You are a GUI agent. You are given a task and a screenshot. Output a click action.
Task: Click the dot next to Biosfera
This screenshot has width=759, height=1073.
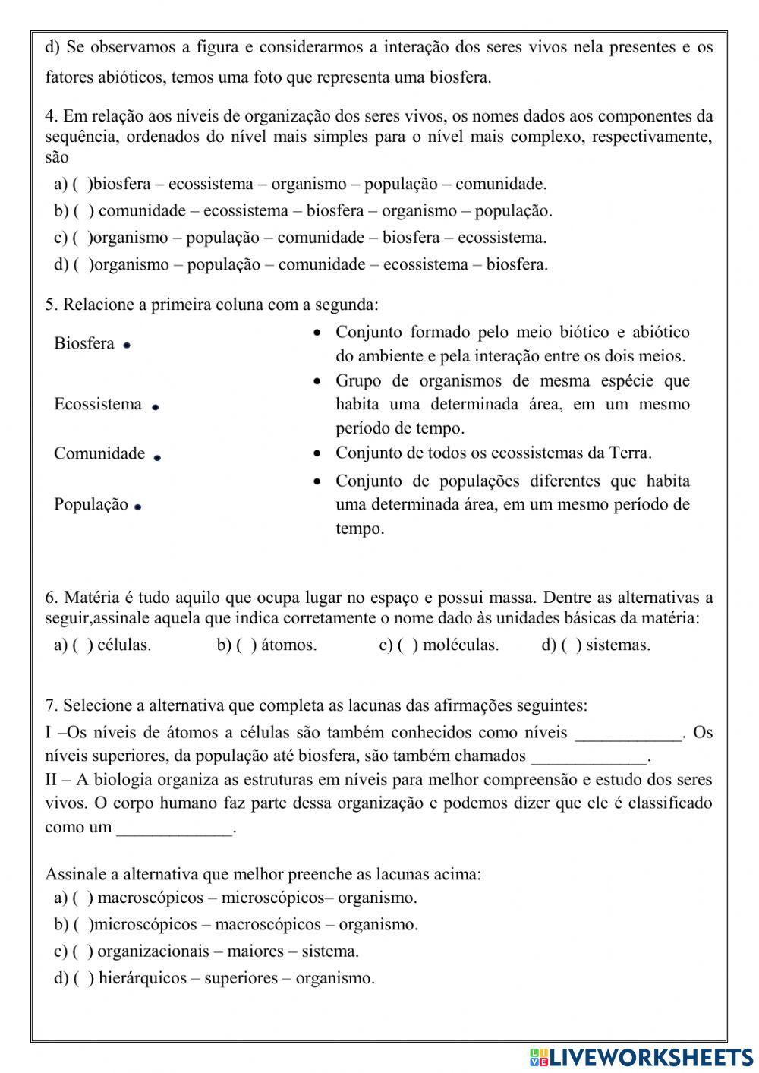pos(127,346)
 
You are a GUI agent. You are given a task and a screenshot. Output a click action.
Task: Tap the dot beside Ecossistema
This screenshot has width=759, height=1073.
pos(155,407)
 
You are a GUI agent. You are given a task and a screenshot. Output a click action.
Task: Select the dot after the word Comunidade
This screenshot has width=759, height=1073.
pos(157,458)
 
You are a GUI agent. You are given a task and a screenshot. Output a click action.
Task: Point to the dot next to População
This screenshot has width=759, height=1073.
pos(138,507)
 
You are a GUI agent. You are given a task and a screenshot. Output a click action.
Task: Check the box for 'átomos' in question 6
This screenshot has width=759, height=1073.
pos(247,645)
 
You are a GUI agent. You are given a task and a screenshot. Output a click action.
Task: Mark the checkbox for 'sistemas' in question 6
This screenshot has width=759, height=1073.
pos(572,645)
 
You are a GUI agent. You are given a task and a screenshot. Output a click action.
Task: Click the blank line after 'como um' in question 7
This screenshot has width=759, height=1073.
pos(175,830)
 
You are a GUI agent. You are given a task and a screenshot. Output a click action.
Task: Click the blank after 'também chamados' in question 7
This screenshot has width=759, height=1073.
pos(590,758)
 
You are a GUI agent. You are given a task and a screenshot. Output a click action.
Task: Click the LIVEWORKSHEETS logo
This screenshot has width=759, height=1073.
pos(641,1057)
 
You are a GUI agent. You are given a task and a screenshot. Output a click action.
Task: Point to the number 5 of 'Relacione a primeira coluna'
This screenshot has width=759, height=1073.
pos(50,305)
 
